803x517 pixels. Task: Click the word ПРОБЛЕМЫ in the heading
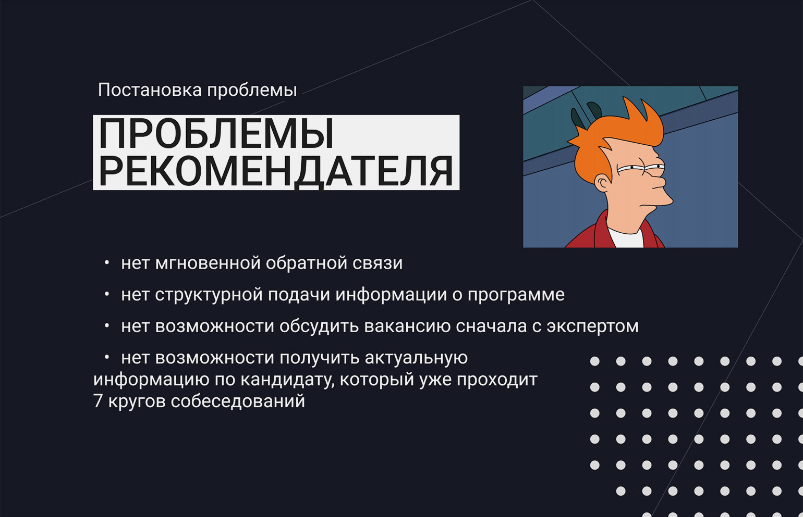pyautogui.click(x=216, y=134)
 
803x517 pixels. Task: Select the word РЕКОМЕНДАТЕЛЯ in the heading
pyautogui.click(x=276, y=172)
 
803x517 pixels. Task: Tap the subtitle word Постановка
pyautogui.click(x=150, y=90)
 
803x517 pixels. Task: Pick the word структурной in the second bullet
pyautogui.click(x=209, y=295)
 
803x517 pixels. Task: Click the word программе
pyautogui.click(x=516, y=295)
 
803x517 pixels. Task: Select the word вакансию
pyautogui.click(x=407, y=326)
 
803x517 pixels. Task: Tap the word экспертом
pyautogui.click(x=592, y=326)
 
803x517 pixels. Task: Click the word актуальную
pyautogui.click(x=416, y=358)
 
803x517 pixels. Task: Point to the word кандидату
pyautogui.click(x=287, y=380)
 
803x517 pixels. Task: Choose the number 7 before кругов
pyautogui.click(x=98, y=401)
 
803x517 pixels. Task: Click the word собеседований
pyautogui.click(x=238, y=401)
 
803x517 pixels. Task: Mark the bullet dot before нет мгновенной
pyautogui.click(x=106, y=263)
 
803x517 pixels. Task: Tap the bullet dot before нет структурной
pyautogui.click(x=106, y=295)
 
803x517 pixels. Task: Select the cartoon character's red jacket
pyautogui.click(x=588, y=233)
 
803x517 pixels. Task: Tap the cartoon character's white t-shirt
pyautogui.click(x=629, y=237)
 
